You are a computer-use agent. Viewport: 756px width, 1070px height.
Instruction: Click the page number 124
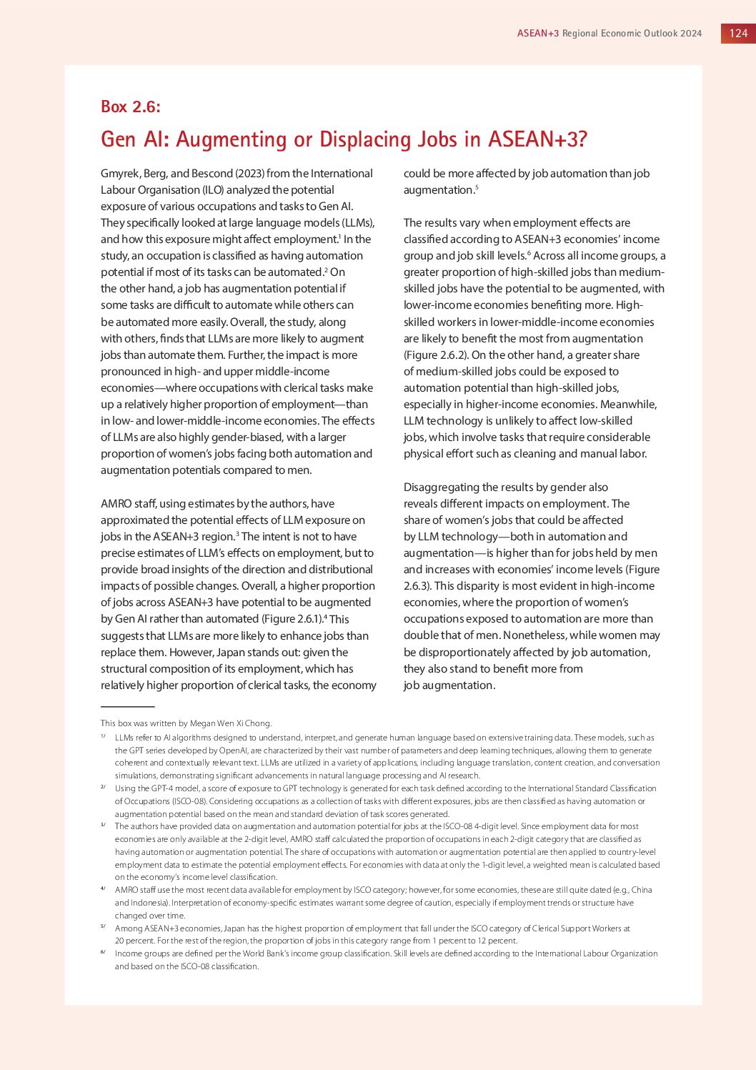[738, 33]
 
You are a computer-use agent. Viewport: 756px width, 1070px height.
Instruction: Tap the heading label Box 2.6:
[131, 106]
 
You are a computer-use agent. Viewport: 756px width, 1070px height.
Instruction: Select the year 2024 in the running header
[692, 33]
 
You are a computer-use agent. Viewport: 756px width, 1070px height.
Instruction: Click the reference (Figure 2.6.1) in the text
[291, 619]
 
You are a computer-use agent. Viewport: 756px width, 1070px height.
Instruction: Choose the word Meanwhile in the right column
[632, 404]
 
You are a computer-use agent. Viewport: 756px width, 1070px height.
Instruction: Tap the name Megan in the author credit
[204, 723]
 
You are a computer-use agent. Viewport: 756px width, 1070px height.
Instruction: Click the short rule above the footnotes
[127, 707]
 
